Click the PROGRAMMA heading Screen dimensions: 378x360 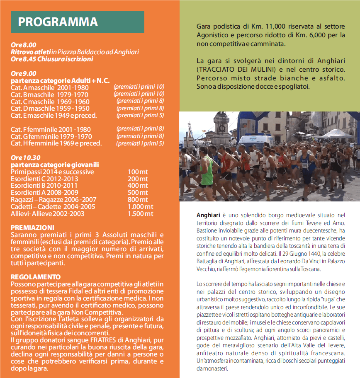click(x=58, y=22)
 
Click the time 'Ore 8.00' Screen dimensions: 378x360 click(x=24, y=45)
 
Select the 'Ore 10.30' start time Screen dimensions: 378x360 click(x=26, y=157)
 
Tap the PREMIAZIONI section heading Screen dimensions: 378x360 click(x=33, y=228)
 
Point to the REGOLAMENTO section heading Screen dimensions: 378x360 click(x=36, y=277)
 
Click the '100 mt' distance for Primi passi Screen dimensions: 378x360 click(x=138, y=172)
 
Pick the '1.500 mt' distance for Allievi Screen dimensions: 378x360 click(x=140, y=214)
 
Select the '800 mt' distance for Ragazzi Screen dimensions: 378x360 click(x=138, y=200)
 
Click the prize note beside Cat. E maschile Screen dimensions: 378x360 click(x=140, y=115)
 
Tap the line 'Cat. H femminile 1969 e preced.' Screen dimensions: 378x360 click(x=56, y=143)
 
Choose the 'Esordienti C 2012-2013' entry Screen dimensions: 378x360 click(x=44, y=179)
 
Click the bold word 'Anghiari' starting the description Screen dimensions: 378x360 click(x=209, y=215)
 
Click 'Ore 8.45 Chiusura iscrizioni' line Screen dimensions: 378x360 click(x=52, y=59)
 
